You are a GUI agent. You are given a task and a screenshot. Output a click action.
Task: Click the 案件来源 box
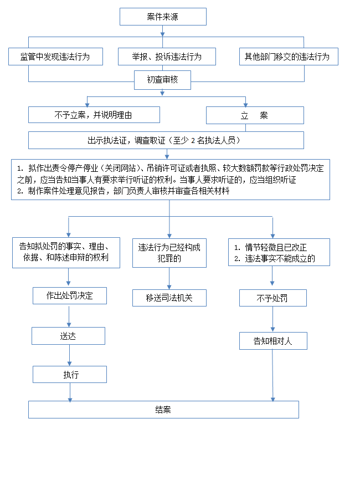[163, 17]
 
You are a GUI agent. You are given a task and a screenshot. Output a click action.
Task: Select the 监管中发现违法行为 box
[55, 57]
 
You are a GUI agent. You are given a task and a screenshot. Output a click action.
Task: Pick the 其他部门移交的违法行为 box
[288, 57]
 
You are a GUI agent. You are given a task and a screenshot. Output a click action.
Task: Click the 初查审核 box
[163, 80]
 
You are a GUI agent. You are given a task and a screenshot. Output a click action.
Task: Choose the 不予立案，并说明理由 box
[94, 115]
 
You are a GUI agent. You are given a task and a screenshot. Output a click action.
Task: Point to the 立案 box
[255, 115]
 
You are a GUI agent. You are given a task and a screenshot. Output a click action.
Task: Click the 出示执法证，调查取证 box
[166, 140]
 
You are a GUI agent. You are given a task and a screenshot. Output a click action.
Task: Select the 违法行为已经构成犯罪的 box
[169, 253]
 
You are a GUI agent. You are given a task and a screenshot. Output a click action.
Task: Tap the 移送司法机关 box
[169, 298]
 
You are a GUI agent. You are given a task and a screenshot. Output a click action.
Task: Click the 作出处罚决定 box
[69, 296]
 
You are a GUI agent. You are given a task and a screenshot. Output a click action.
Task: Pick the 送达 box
[68, 336]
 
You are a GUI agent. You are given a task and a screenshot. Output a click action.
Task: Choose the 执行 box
[70, 375]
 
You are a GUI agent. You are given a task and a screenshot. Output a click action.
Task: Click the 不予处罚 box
[273, 298]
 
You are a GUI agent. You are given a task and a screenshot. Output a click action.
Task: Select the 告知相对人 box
[273, 341]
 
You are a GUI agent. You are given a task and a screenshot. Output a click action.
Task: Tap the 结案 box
[163, 410]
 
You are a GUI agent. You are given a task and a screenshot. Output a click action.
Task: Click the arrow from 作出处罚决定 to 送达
[69, 316]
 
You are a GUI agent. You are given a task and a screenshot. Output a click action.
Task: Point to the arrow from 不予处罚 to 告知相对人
[273, 319]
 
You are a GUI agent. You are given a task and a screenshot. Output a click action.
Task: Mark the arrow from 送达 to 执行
[69, 355]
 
